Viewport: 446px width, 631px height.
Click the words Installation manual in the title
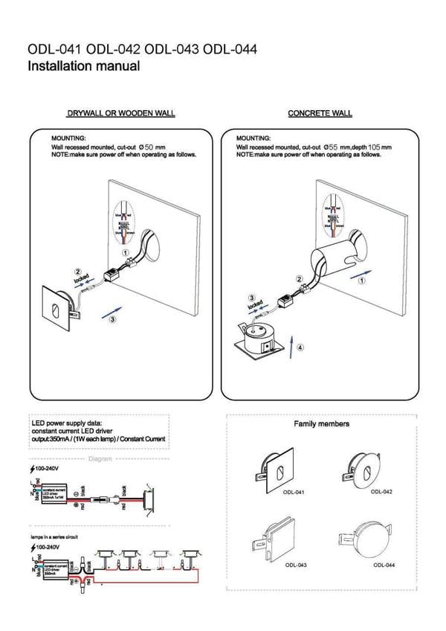coord(83,66)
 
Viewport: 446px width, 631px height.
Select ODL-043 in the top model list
coord(172,50)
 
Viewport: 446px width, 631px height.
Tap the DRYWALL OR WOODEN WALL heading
coord(120,114)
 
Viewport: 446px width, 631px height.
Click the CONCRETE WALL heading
coord(320,114)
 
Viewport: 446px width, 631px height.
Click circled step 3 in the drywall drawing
coord(111,319)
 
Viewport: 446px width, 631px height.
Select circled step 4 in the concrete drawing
coord(300,347)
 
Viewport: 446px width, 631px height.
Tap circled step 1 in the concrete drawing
coord(361,282)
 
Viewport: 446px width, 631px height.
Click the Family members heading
coord(321,424)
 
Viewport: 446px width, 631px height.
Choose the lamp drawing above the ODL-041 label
coord(277,470)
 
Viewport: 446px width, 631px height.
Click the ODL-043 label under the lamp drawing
coord(295,566)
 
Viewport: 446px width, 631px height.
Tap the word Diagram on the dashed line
coord(100,459)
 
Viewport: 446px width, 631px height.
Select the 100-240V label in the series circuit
coord(46,547)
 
